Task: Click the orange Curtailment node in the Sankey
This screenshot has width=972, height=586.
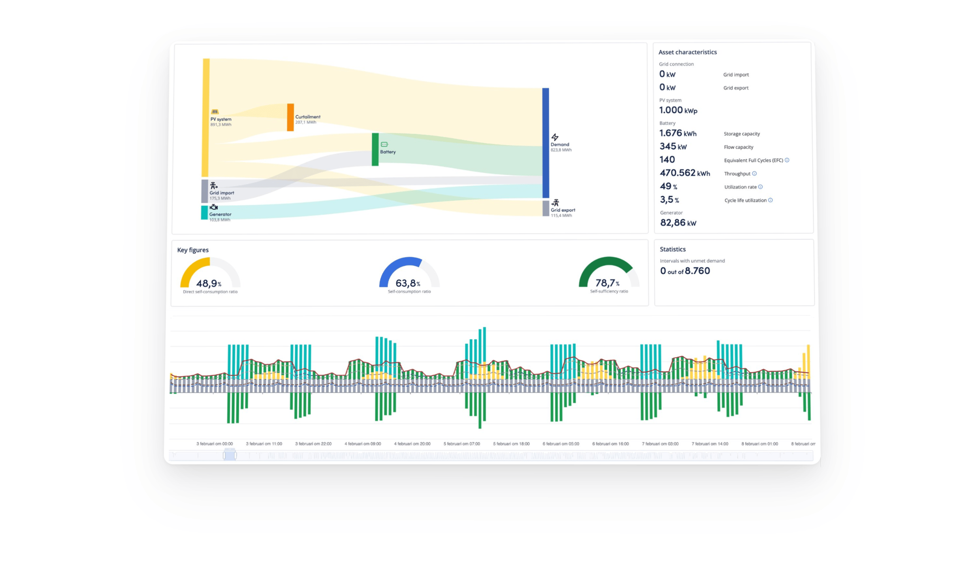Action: tap(290, 117)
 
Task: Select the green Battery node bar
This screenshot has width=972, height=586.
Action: tap(375, 149)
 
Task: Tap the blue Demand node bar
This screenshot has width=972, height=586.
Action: tap(546, 143)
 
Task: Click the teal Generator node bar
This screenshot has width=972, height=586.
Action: tap(205, 212)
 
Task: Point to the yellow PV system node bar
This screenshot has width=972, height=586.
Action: tap(206, 117)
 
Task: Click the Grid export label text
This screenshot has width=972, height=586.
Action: tap(563, 210)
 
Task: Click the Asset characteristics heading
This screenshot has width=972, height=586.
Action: tap(687, 52)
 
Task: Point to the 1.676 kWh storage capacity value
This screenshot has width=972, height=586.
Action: tap(678, 133)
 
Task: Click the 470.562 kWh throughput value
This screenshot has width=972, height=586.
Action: tap(684, 173)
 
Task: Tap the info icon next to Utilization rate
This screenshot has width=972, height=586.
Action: tap(760, 187)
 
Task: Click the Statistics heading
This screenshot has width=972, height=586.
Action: tap(672, 249)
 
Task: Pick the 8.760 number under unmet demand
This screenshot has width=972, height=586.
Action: tap(697, 271)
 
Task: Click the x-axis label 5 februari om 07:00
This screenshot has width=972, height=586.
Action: tap(462, 444)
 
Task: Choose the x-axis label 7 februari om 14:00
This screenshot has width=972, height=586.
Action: tap(710, 444)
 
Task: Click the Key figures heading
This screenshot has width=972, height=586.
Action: tap(193, 250)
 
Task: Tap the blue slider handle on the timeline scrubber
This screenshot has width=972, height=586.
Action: tap(230, 455)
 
